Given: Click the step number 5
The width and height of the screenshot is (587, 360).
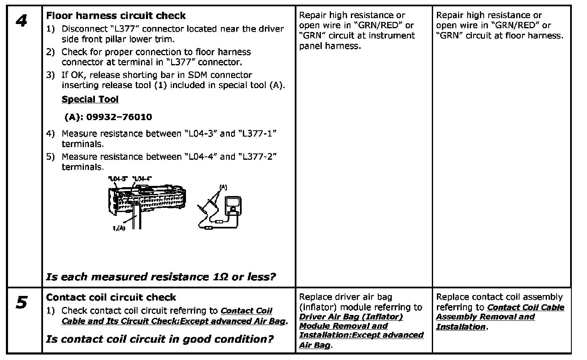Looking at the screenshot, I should pyautogui.click(x=22, y=303).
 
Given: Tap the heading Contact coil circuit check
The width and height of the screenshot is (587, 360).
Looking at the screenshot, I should pyautogui.click(x=111, y=297).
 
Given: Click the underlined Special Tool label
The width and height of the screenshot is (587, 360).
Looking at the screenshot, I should pyautogui.click(x=90, y=99).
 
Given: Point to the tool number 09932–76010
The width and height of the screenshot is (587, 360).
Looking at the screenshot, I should pyautogui.click(x=108, y=117).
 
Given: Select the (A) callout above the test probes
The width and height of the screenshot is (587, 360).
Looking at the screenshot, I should pyautogui.click(x=222, y=186).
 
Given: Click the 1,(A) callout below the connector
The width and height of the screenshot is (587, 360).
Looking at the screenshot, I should pyautogui.click(x=119, y=228).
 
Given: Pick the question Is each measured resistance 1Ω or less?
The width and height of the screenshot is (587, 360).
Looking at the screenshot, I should pyautogui.click(x=161, y=277).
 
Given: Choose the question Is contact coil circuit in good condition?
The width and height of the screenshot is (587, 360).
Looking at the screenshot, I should pyautogui.click(x=159, y=339).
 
